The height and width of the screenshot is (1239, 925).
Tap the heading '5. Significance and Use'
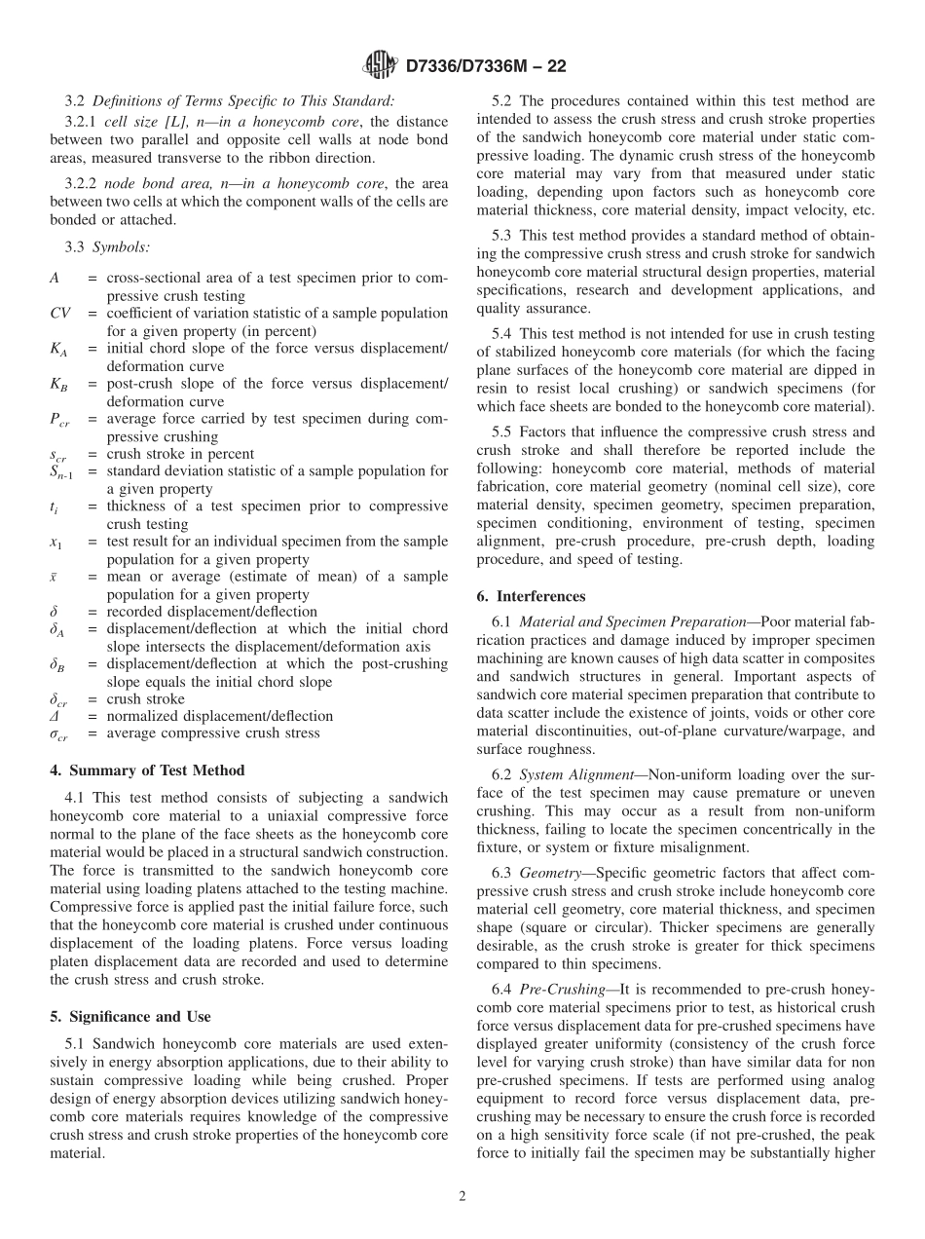coord(129,1017)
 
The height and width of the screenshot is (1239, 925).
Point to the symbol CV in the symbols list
coord(59,314)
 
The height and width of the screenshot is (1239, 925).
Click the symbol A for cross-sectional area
coord(55,279)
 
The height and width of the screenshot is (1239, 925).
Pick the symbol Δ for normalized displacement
coord(55,716)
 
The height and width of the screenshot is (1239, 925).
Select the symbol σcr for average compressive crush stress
coord(58,733)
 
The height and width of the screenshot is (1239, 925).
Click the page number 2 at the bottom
coord(462,1196)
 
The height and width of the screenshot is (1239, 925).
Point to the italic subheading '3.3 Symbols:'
coord(107,248)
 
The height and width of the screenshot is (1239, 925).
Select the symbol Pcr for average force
coord(59,419)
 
